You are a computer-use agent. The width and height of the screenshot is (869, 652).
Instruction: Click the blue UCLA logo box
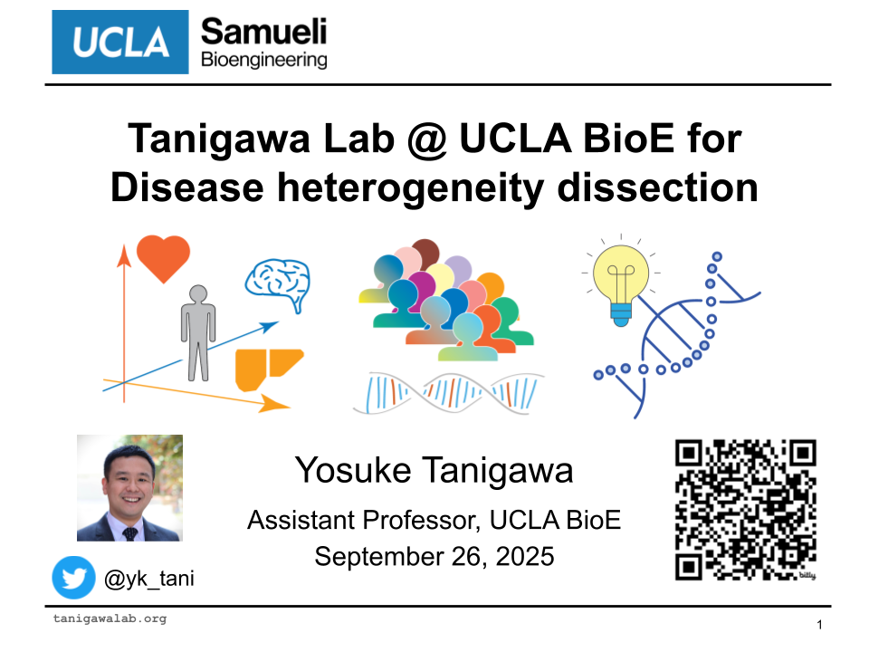coord(120,43)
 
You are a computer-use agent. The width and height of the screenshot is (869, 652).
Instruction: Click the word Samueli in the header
coord(263,32)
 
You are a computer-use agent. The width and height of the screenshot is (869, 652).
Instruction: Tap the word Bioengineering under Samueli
coord(263,60)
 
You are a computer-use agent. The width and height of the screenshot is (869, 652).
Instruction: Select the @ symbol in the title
coord(426,139)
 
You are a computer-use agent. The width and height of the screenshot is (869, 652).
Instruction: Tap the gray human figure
coord(198,332)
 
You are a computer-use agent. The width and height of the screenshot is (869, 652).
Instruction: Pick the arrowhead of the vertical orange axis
coord(124,255)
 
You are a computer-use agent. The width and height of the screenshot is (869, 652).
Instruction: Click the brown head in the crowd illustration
coord(425,253)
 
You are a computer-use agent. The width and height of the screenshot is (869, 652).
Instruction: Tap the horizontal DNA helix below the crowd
coord(448,393)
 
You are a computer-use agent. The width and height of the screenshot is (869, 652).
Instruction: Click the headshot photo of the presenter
coord(129,488)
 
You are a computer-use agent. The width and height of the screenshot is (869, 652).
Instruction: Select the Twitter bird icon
coord(73,578)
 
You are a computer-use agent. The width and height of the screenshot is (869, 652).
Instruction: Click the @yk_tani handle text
coord(149,579)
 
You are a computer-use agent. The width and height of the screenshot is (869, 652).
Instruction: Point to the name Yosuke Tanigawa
coord(434,471)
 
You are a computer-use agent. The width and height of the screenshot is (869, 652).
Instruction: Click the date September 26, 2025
coord(434,557)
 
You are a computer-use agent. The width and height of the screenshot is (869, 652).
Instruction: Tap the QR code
coord(745,510)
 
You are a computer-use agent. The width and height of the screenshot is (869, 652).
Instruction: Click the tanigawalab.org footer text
coord(110,618)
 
